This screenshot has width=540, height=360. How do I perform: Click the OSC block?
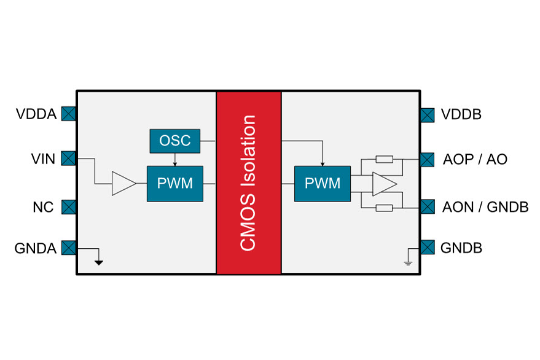[x=175, y=141]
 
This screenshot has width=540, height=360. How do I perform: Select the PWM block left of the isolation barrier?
[x=175, y=183]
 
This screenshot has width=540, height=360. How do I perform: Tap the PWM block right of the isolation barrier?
[x=323, y=183]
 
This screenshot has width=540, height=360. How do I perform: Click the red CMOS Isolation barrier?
[x=248, y=183]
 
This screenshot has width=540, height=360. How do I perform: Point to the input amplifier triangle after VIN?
[x=123, y=183]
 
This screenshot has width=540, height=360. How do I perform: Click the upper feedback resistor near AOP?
[x=384, y=160]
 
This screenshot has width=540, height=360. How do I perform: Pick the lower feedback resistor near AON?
[x=384, y=208]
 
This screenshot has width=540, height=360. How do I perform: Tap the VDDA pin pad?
[x=68, y=114]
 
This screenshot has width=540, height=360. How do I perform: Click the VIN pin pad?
[x=68, y=159]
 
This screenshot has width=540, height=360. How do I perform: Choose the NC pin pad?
[x=68, y=206]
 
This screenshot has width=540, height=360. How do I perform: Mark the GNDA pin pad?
[x=68, y=248]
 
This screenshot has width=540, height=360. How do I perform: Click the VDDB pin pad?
[x=428, y=114]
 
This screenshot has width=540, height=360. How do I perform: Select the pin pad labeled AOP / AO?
[x=428, y=160]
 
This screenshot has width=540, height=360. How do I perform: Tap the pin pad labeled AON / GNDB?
[x=428, y=206]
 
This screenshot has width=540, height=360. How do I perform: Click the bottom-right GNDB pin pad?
[x=428, y=248]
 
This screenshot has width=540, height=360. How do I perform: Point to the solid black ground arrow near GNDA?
[x=98, y=262]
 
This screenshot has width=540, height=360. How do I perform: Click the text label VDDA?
[x=36, y=114]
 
